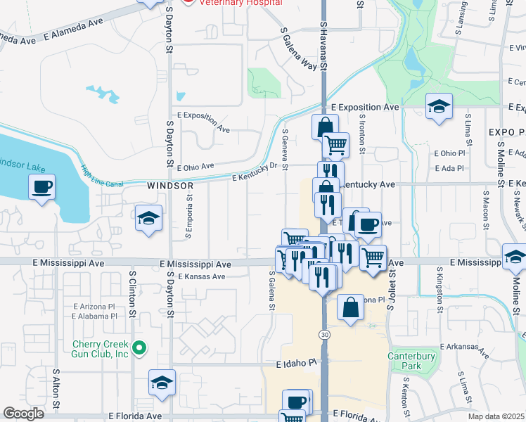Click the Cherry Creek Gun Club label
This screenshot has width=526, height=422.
click(x=101, y=349)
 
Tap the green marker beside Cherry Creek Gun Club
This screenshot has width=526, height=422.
click(x=139, y=347)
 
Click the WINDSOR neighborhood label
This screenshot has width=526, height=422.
click(x=170, y=186)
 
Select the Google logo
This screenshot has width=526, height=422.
click(x=23, y=414)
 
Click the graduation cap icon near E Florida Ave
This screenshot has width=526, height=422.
click(x=162, y=383)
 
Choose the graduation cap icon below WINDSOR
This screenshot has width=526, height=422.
click(x=149, y=219)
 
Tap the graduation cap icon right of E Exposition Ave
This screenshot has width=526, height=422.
click(x=440, y=106)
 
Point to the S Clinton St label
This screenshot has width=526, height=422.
click(x=131, y=288)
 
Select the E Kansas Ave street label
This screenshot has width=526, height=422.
click(x=202, y=276)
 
